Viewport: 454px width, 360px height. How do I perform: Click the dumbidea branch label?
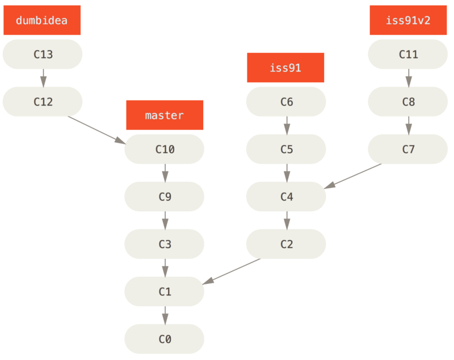tap(42, 20)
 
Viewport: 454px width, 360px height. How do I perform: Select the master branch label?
tap(164, 115)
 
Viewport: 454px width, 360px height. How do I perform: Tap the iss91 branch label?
tap(285, 68)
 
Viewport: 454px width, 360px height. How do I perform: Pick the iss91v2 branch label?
tap(408, 20)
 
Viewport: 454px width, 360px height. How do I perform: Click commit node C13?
tap(43, 55)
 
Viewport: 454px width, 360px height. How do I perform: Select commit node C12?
tap(43, 102)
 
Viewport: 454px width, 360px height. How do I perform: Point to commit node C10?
tap(165, 149)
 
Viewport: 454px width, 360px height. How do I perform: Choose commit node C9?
tap(165, 197)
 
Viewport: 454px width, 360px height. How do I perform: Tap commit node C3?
tap(165, 244)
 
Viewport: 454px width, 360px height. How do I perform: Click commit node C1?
tap(165, 291)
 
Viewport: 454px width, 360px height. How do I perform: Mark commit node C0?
tap(165, 339)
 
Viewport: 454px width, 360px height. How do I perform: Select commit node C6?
tap(286, 102)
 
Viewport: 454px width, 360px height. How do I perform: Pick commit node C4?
tap(286, 197)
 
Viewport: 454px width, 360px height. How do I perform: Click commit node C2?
tap(286, 244)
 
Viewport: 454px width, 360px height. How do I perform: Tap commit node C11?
tap(408, 55)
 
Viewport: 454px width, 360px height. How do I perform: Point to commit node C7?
tap(408, 149)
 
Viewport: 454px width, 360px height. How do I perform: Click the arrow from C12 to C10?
tap(96, 129)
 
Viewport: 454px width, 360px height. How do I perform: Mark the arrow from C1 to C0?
tap(165, 315)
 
